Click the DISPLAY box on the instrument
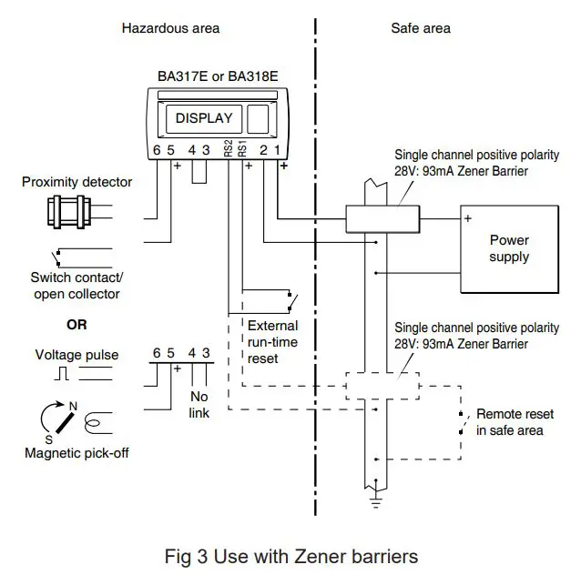click(x=204, y=118)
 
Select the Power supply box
click(x=508, y=248)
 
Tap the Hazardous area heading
click(x=170, y=28)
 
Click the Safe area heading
click(x=420, y=28)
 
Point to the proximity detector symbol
click(x=67, y=213)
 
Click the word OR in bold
click(x=76, y=324)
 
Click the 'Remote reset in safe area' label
click(x=514, y=421)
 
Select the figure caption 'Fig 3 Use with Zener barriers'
click(x=291, y=554)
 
